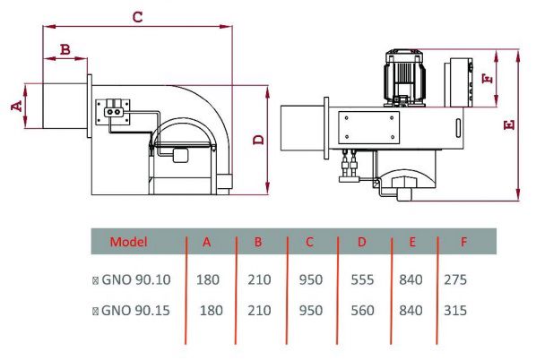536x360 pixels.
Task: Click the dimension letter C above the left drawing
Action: pyautogui.click(x=137, y=17)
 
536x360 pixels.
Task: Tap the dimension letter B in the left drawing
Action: pyautogui.click(x=65, y=49)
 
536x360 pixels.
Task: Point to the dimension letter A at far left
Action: pyautogui.click(x=16, y=106)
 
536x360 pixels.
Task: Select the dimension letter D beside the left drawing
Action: pyautogui.click(x=259, y=140)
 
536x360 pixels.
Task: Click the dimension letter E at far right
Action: pyautogui.click(x=509, y=125)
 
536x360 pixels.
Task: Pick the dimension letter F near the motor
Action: pyautogui.click(x=488, y=79)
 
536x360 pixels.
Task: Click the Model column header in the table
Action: pyautogui.click(x=128, y=242)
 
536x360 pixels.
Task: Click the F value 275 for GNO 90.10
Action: pyautogui.click(x=455, y=279)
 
